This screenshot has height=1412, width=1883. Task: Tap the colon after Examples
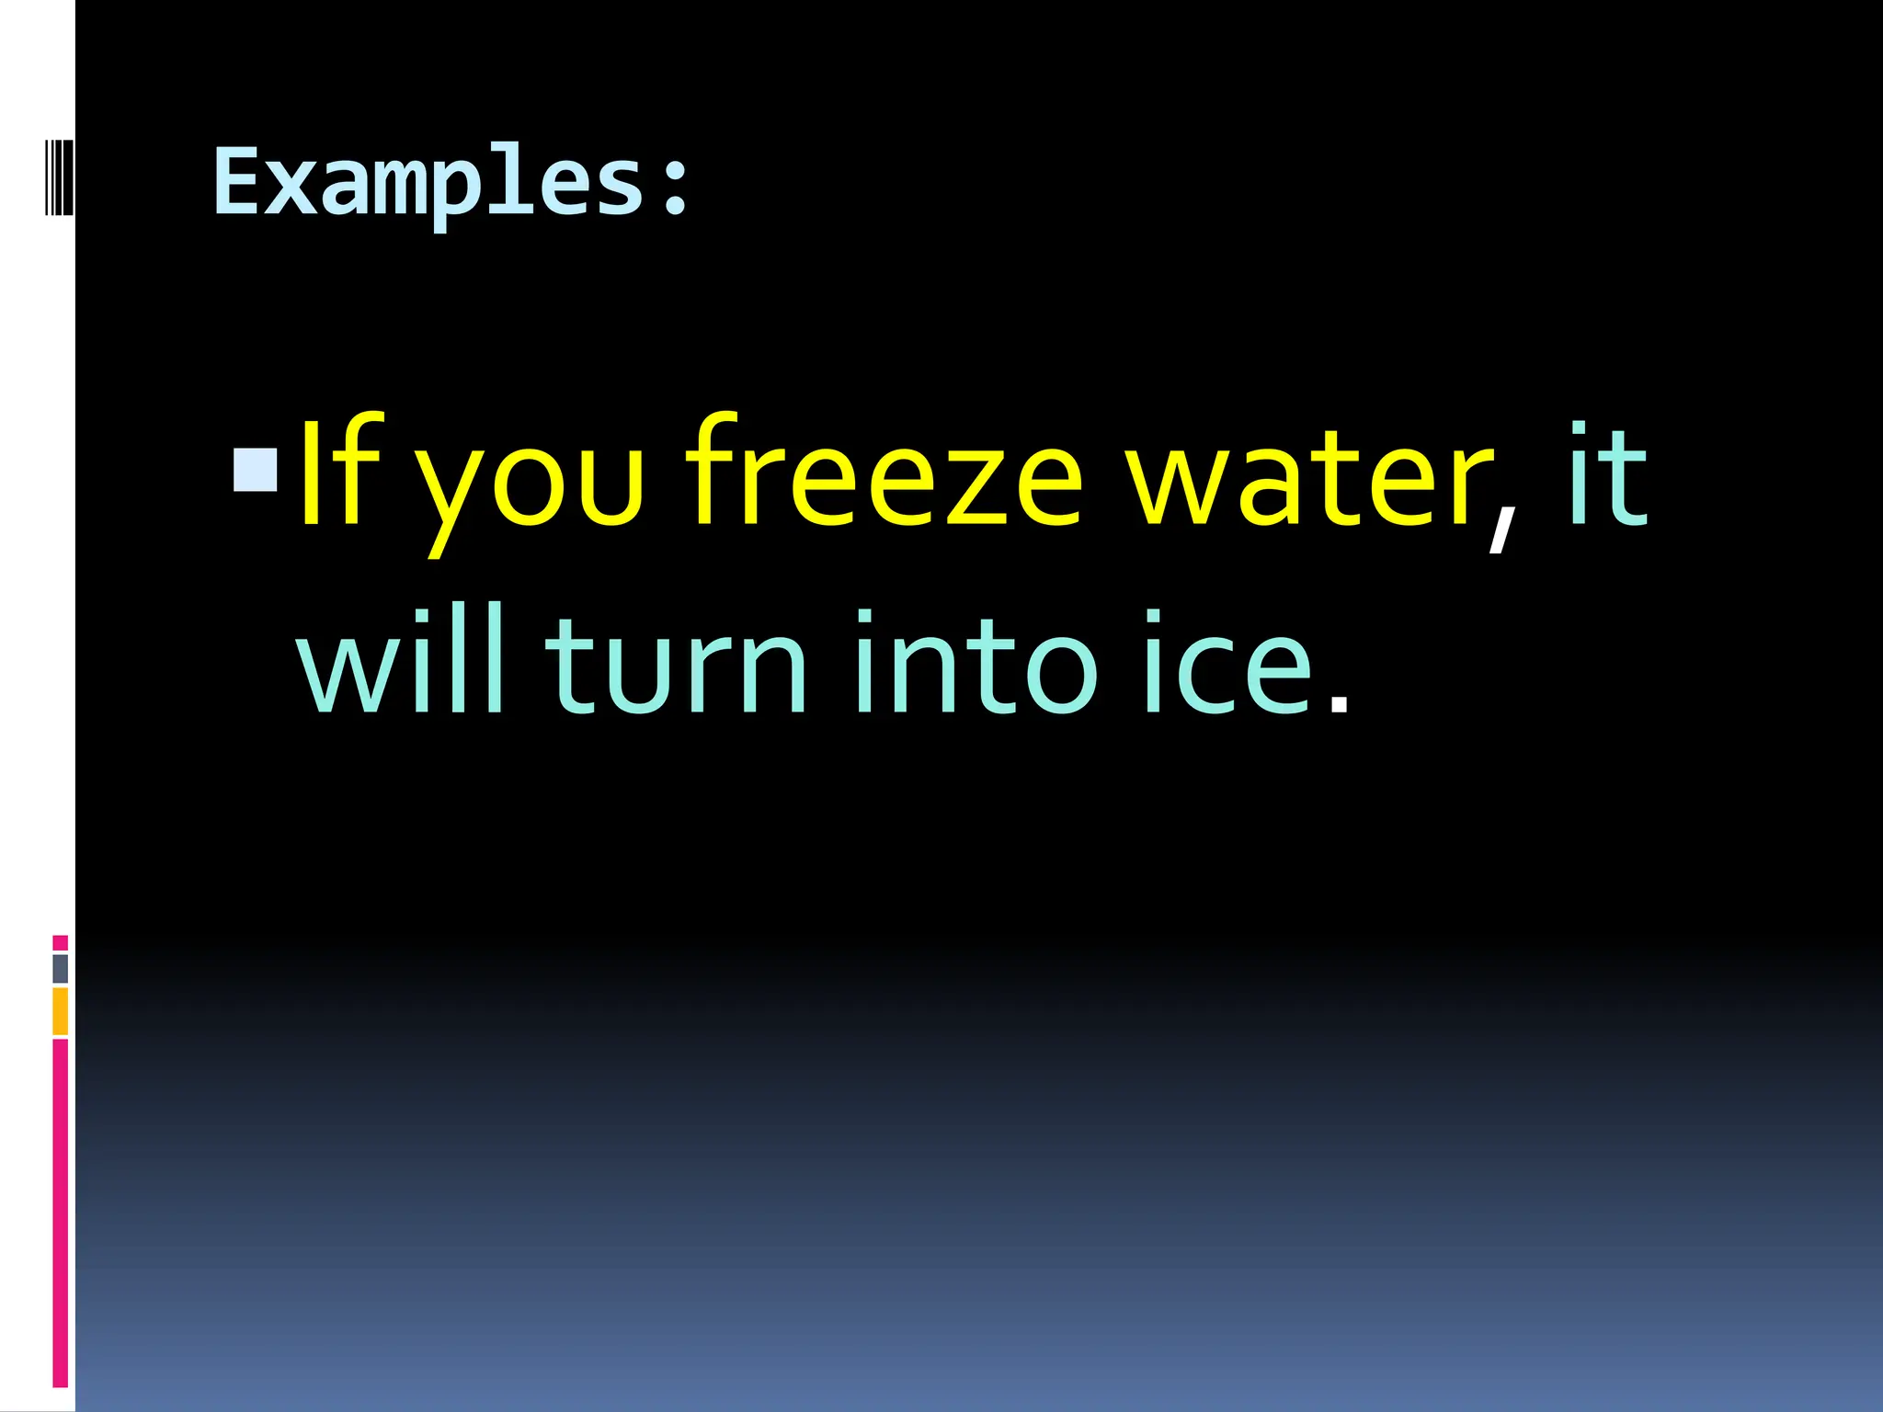tap(676, 186)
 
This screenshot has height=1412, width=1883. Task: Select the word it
tap(1607, 476)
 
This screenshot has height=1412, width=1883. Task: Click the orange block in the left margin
tap(60, 1011)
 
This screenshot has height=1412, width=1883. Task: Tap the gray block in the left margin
tap(60, 968)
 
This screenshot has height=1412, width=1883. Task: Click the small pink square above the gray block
tap(60, 942)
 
